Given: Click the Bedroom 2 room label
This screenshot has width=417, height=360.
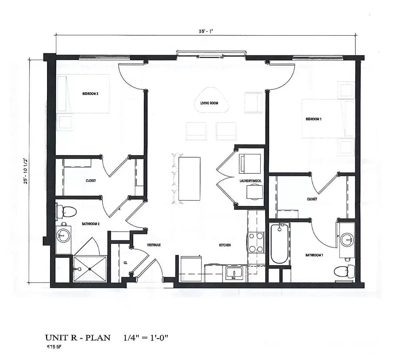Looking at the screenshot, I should point(90,94).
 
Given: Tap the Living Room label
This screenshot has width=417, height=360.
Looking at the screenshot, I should point(209,103).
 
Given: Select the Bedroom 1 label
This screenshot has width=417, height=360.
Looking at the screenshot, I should point(314,119).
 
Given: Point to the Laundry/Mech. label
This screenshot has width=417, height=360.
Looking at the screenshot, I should point(250,181).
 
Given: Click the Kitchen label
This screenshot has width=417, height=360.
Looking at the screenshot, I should point(225,245).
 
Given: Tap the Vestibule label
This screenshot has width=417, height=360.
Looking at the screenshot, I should point(154,245).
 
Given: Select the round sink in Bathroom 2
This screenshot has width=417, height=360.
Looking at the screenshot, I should point(63,236).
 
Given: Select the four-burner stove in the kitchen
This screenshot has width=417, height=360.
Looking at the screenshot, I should point(256,243).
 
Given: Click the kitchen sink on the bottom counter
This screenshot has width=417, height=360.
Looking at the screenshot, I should point(234,273).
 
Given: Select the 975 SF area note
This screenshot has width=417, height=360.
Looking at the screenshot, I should point(54,347).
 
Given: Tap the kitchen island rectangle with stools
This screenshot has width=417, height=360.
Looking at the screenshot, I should point(189,179).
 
